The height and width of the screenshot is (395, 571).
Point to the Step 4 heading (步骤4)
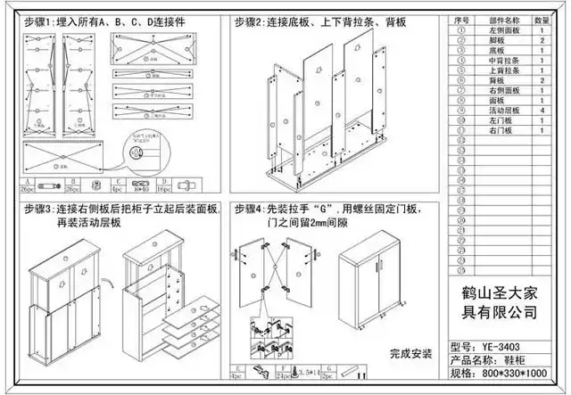tap(251, 210)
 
